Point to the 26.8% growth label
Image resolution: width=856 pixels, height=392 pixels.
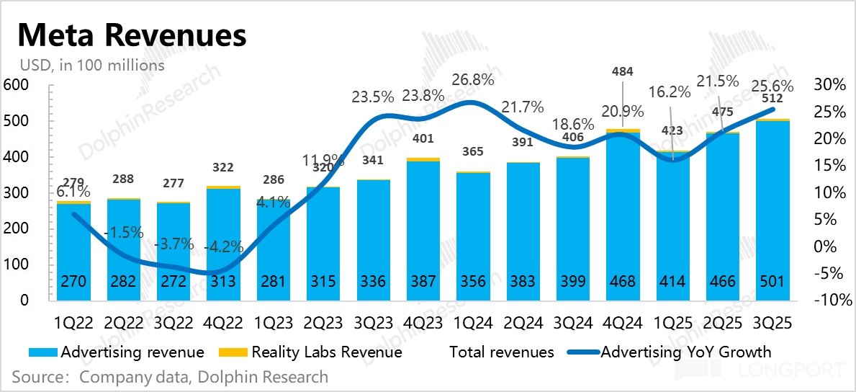pyautogui.click(x=473, y=79)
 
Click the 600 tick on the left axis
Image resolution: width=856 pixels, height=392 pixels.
pyautogui.click(x=16, y=85)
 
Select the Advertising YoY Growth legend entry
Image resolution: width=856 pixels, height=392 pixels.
pyautogui.click(x=685, y=352)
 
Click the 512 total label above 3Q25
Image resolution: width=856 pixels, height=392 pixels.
pyautogui.click(x=783, y=99)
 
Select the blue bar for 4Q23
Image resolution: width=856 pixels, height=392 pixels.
pyautogui.click(x=423, y=231)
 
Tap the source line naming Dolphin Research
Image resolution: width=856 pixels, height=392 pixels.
pyautogui.click(x=170, y=377)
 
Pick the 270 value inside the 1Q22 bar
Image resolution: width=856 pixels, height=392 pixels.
pyautogui.click(x=73, y=281)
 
